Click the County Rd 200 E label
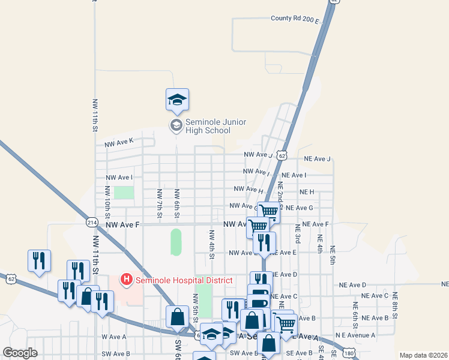(295, 19)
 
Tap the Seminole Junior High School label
(207, 126)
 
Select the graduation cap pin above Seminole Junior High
(177, 100)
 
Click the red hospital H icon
(127, 279)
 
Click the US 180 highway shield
(349, 352)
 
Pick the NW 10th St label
(108, 202)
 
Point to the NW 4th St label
(212, 244)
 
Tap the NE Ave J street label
(317, 159)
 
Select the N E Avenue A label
(355, 335)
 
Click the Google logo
(20, 353)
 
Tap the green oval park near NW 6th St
(176, 241)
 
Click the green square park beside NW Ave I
(124, 193)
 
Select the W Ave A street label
(114, 337)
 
